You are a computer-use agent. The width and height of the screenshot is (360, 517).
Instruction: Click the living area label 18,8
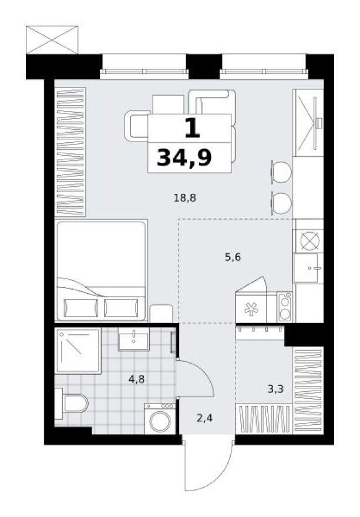(x=184, y=198)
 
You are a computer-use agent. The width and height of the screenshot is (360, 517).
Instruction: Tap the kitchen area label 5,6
(x=233, y=256)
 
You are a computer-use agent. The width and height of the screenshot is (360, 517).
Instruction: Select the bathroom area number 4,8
(x=137, y=379)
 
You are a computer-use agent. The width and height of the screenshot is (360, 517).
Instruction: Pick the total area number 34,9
(x=184, y=157)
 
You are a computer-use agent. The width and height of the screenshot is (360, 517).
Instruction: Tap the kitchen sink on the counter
(x=308, y=269)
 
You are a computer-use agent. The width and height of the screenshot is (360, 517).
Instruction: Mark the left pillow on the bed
(x=80, y=307)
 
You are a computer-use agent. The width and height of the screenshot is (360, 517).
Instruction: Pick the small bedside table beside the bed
(x=161, y=313)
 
